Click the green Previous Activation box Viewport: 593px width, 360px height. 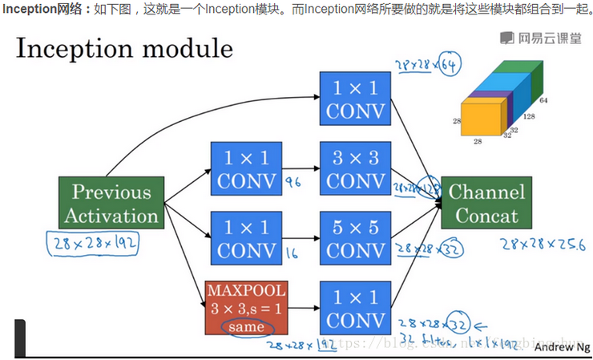tap(111, 204)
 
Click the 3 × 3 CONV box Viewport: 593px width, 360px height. tap(355, 168)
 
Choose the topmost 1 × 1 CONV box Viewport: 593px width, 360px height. tap(355, 98)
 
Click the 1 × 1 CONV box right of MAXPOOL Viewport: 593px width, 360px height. tap(355, 308)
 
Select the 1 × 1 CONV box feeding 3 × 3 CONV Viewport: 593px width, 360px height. tap(245, 168)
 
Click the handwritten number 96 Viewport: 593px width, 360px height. tap(293, 183)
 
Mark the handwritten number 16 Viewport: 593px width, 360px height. tap(292, 253)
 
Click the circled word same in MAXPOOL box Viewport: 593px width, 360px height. tap(245, 327)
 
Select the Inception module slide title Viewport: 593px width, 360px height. tap(124, 50)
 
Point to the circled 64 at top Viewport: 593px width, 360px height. tap(450, 65)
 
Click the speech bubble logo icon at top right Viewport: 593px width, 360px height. tap(507, 38)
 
